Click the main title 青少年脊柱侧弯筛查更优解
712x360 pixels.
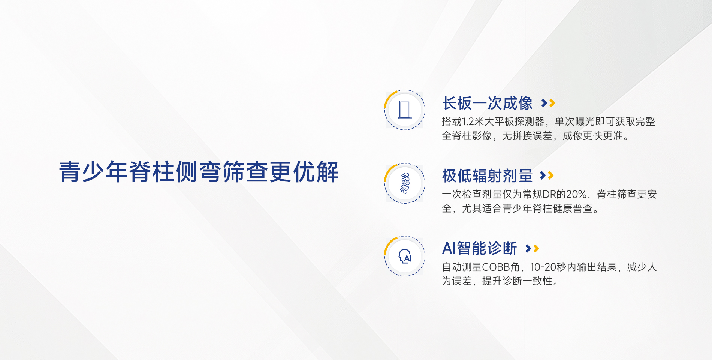coord(199,172)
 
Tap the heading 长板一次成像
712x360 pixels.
coord(487,103)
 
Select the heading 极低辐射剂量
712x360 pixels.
coord(487,175)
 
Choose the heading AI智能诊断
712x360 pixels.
coord(479,248)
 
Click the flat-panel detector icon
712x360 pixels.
coord(405,110)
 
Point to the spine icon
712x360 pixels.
coord(405,183)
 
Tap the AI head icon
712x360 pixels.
coord(405,256)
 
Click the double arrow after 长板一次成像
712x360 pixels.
coord(548,103)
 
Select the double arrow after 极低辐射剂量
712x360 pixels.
coord(547,175)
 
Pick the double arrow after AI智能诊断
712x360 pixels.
coord(532,248)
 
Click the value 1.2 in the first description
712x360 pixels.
coord(468,121)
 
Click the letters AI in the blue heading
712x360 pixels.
coord(449,248)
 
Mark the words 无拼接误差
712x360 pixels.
coord(527,136)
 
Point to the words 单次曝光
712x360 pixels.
coord(575,121)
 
